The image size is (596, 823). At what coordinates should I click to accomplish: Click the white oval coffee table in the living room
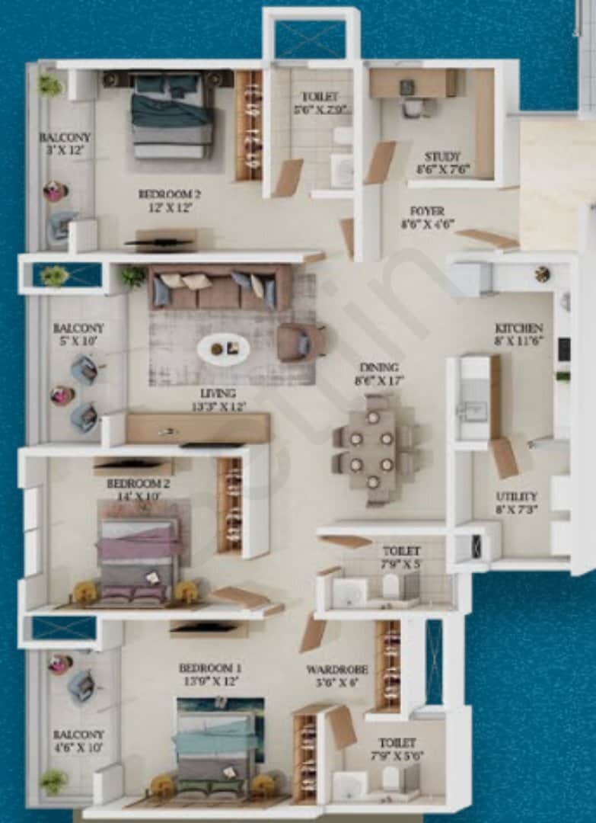coord(223,350)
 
